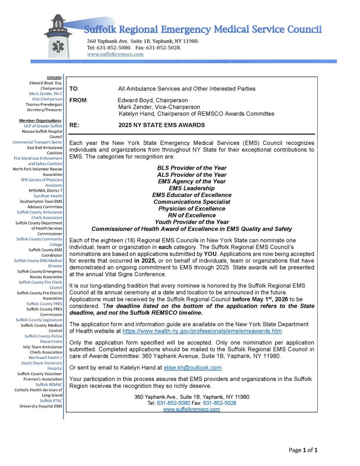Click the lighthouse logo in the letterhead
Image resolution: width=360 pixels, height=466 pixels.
pyautogui.click(x=57, y=36)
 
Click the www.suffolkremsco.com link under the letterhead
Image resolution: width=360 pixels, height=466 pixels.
pyautogui.click(x=115, y=54)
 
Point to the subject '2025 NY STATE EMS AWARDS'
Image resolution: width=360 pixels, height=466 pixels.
pyautogui.click(x=162, y=125)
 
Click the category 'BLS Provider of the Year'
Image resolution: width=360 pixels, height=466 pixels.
pyautogui.click(x=192, y=168)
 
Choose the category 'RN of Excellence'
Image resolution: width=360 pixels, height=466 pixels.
pyautogui.click(x=192, y=215)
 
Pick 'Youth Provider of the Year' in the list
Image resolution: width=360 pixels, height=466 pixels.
pyautogui.click(x=192, y=222)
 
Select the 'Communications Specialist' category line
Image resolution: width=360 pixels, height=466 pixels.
pyautogui.click(x=192, y=202)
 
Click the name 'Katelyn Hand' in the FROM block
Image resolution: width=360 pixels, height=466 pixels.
pyautogui.click(x=136, y=114)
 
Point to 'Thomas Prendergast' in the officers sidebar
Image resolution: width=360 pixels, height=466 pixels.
pyautogui.click(x=44, y=104)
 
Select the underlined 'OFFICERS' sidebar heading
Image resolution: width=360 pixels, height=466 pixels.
pyautogui.click(x=54, y=78)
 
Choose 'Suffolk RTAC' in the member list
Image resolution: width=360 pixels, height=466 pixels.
pyautogui.click(x=51, y=401)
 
